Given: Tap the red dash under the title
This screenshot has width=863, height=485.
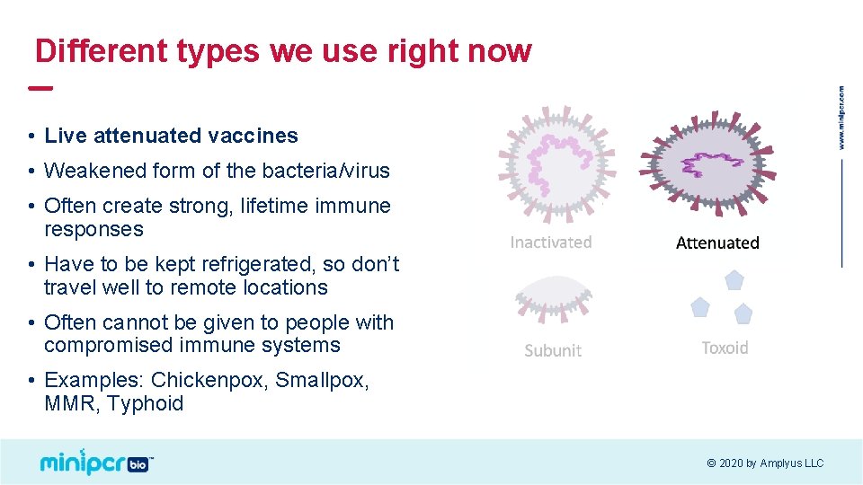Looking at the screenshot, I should point(40,88).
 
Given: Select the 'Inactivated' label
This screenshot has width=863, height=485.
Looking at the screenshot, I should point(550,242).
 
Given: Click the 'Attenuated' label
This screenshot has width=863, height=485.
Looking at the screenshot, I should point(717,242).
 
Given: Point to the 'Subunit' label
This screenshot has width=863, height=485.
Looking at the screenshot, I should point(553,350).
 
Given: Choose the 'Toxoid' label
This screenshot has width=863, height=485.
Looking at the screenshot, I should point(725,348).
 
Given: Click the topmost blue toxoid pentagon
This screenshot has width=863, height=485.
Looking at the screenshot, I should point(734,280).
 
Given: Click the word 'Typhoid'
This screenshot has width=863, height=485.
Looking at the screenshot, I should point(145,403).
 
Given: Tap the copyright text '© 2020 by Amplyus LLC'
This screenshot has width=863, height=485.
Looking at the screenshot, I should point(765,463).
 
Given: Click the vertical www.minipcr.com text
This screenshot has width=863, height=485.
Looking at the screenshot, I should point(841,118).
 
